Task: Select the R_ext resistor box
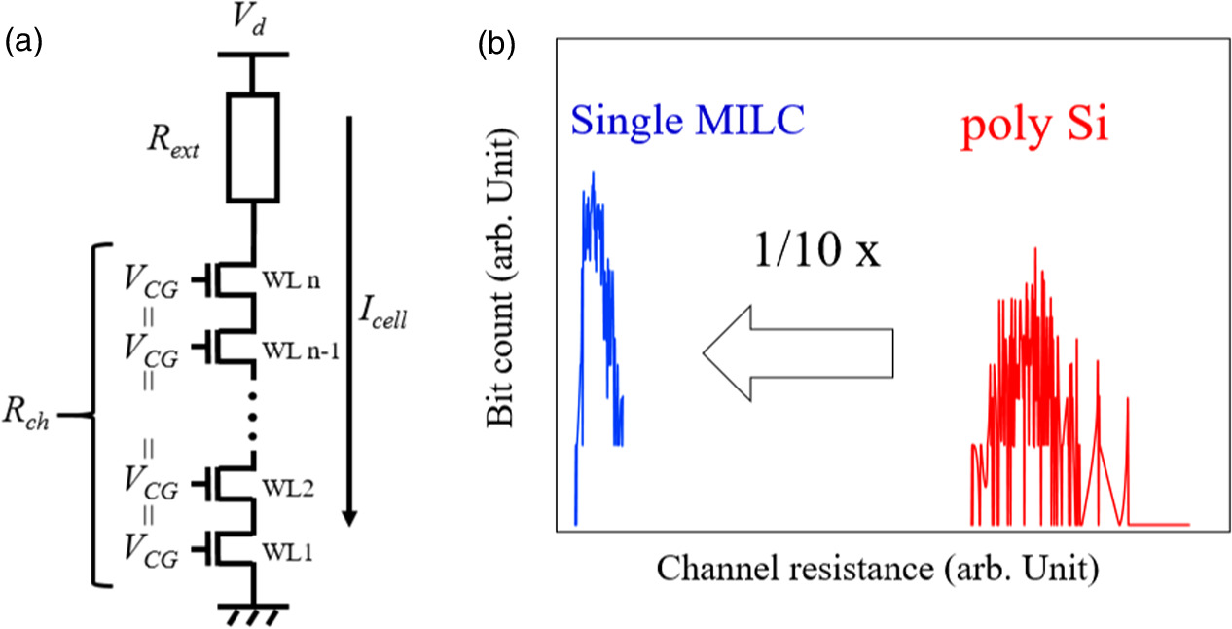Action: (253, 147)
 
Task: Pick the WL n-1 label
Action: (304, 351)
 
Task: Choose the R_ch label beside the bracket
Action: (35, 421)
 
